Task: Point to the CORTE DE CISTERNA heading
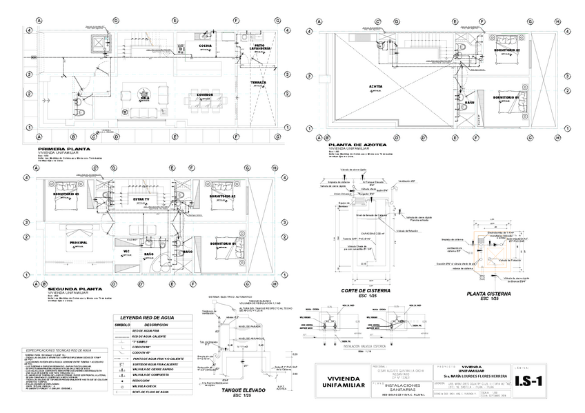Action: pyautogui.click(x=365, y=291)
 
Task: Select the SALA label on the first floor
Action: pyautogui.click(x=145, y=98)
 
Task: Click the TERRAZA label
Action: pyautogui.click(x=259, y=82)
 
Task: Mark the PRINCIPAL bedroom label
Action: pyautogui.click(x=78, y=243)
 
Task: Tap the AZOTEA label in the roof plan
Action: pyautogui.click(x=376, y=87)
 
